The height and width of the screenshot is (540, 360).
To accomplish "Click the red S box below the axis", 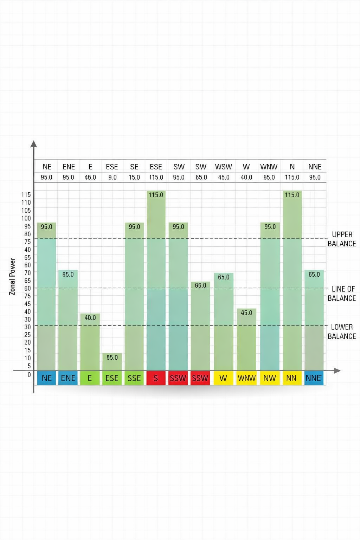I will pos(156,378).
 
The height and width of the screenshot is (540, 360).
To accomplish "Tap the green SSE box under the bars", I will pos(134,378).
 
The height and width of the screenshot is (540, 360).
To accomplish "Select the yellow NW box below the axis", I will pos(270,378).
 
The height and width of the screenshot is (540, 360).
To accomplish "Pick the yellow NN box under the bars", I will pos(291,378).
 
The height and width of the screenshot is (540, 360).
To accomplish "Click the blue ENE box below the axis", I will pos(68,378).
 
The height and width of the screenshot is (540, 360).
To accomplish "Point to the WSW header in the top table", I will pos(224,167).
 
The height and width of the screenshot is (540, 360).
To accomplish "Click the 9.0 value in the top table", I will pos(112,177).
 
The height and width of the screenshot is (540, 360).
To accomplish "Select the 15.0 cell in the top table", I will pos(134,177).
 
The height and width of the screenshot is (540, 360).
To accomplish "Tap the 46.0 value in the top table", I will pos(90,177).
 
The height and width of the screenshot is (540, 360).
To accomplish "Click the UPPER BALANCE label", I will pos(342,239).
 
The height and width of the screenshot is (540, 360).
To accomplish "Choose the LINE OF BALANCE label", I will pos(342,294).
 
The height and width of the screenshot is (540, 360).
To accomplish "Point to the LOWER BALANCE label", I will pos(342,332).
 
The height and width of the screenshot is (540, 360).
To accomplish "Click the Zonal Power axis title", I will pos(12,276).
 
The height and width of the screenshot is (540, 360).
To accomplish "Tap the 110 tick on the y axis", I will pos(26,202).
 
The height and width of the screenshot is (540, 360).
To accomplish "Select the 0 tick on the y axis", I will pos(29,375).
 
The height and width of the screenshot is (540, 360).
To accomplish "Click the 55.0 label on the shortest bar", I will pos(112,358).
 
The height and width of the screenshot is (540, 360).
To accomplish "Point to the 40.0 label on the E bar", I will pos(90,317).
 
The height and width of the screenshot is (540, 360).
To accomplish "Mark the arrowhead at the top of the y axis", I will pos(34,144).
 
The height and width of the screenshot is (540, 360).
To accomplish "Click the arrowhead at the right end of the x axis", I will pos(337,371).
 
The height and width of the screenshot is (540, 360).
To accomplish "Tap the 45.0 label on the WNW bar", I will pos(246,313).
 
